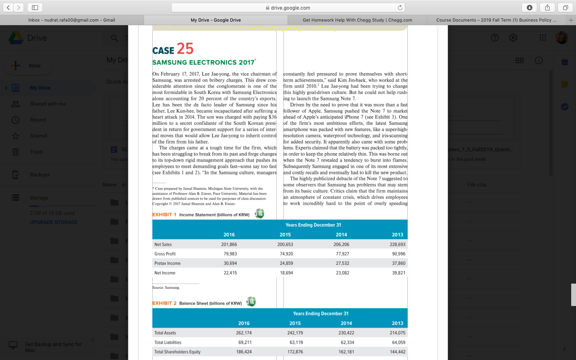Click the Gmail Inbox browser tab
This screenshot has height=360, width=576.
coord(72,20)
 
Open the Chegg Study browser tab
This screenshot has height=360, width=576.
coord(357,20)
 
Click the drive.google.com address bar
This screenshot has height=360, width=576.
coord(288,8)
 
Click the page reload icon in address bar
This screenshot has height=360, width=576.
coord(400,8)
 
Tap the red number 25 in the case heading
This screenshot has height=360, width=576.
coord(185,49)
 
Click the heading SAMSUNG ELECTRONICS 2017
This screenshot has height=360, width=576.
coord(204,62)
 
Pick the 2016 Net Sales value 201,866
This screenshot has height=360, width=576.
coord(229,244)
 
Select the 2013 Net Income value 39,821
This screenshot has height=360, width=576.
coord(398,273)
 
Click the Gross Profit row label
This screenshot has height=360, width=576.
coord(165,254)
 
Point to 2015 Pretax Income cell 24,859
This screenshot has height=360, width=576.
coord(286,263)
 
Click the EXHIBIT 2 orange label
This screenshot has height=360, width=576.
coord(164,303)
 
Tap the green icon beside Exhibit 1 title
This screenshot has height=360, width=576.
coord(260,214)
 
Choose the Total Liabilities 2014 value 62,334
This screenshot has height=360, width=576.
coord(346,342)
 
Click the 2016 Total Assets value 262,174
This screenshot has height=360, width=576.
coord(244,333)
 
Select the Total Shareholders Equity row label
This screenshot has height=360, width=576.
coord(177,352)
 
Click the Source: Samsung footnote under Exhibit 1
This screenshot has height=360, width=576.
coord(166,288)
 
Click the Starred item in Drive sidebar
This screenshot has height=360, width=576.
coord(38,136)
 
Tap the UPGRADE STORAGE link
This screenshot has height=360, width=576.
coord(54,222)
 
